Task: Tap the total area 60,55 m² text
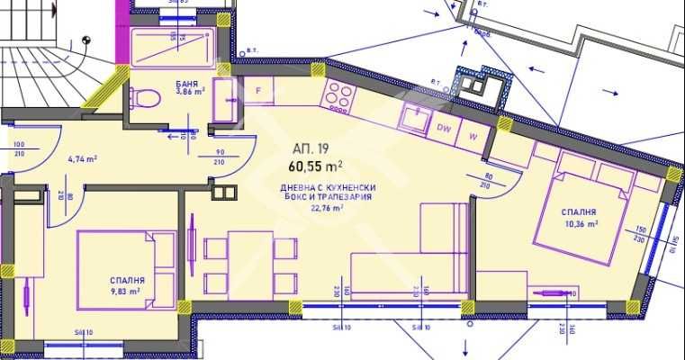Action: pyautogui.click(x=315, y=166)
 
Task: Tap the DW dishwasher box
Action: pyautogui.click(x=444, y=129)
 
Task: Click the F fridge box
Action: pyautogui.click(x=258, y=91)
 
